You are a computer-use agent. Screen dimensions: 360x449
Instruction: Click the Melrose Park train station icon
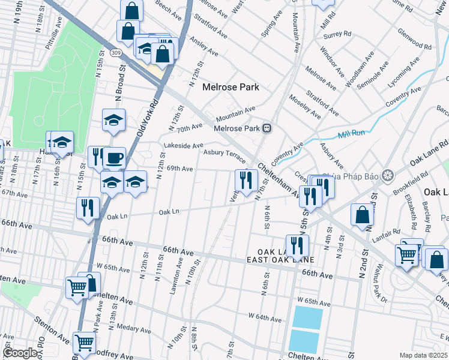point(268,128)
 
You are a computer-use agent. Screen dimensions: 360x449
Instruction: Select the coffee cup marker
point(114,158)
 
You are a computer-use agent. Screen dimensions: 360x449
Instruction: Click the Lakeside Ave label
point(184,146)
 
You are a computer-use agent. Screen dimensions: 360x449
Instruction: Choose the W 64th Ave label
point(264,315)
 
